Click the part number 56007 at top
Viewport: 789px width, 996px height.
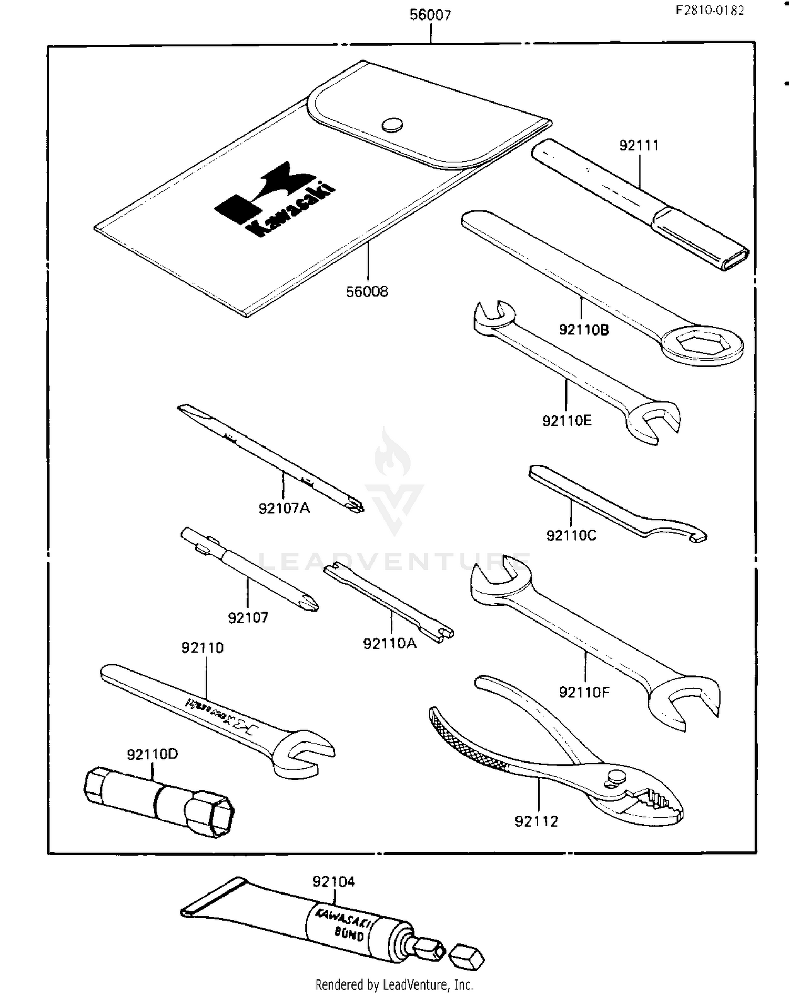[430, 15]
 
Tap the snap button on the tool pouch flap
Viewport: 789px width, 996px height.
[392, 125]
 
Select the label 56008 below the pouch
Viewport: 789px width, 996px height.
[367, 291]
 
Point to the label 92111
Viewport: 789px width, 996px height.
[639, 146]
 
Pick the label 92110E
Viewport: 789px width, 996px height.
[567, 421]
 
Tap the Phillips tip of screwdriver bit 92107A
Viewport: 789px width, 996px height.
[356, 506]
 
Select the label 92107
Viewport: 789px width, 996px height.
[248, 618]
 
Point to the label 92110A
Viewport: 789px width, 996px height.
[389, 644]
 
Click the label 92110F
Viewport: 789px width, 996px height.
[584, 693]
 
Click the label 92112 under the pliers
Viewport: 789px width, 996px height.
[536, 821]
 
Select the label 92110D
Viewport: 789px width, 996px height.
[152, 754]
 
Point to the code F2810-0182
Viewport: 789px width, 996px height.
[710, 11]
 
